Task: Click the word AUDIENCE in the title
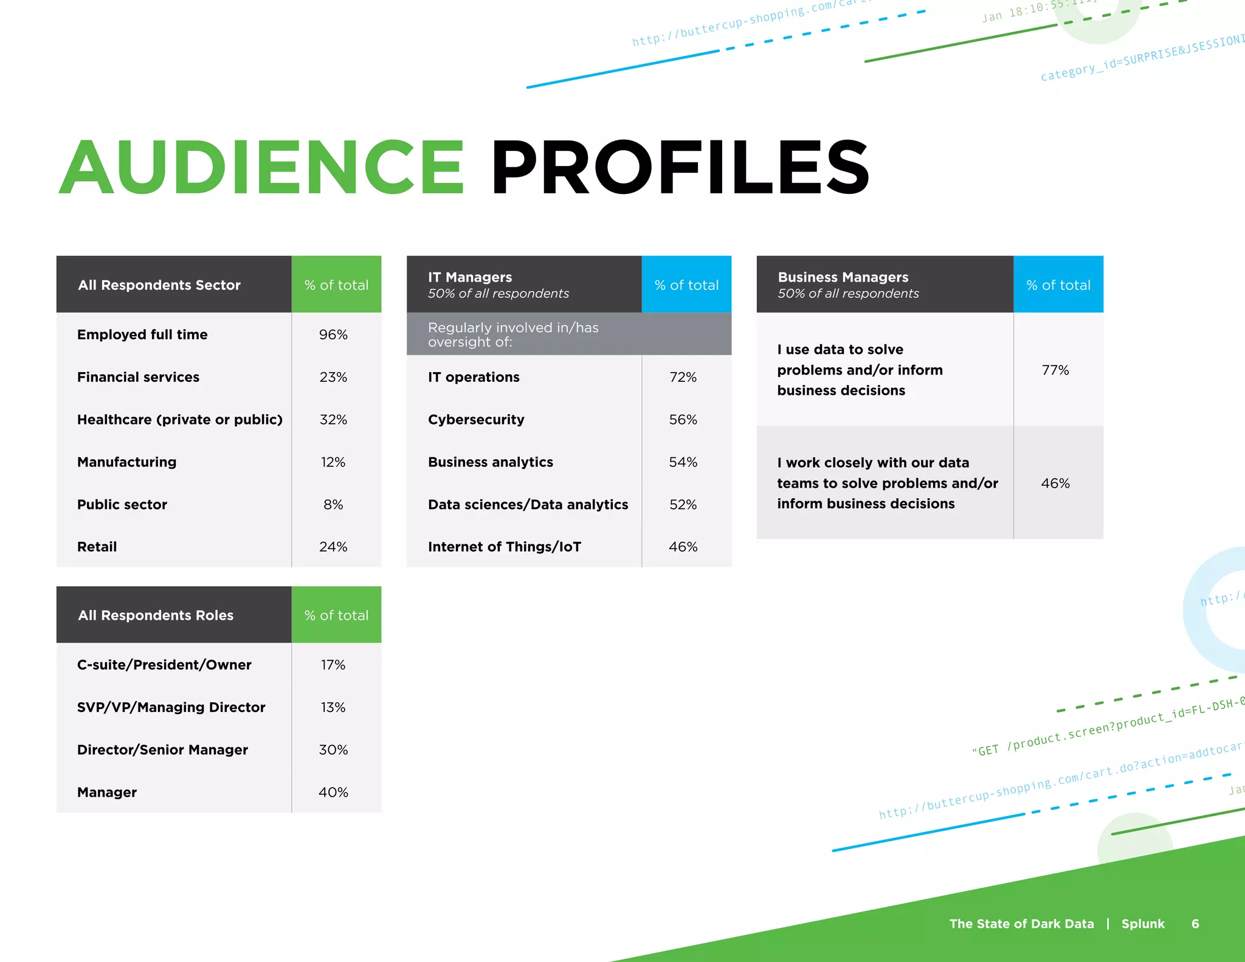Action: click(261, 167)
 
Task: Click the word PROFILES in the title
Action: click(680, 167)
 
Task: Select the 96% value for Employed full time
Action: click(333, 334)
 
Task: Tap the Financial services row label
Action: click(138, 377)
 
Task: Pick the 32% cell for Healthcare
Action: click(333, 420)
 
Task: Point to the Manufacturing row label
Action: click(126, 462)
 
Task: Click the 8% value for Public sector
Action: click(333, 505)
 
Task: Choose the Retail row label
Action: click(97, 547)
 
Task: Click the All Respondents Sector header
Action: click(159, 285)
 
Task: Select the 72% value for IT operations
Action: click(683, 377)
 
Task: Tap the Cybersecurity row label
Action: click(476, 420)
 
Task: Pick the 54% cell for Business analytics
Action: click(683, 462)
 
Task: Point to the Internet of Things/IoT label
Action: click(505, 547)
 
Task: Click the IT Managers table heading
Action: click(470, 277)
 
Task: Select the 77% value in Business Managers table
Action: click(1055, 370)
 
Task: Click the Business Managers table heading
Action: click(843, 277)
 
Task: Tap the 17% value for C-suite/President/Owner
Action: click(333, 665)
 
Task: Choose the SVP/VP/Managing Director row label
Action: click(171, 707)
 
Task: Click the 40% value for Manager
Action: click(333, 792)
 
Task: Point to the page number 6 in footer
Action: click(1195, 924)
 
